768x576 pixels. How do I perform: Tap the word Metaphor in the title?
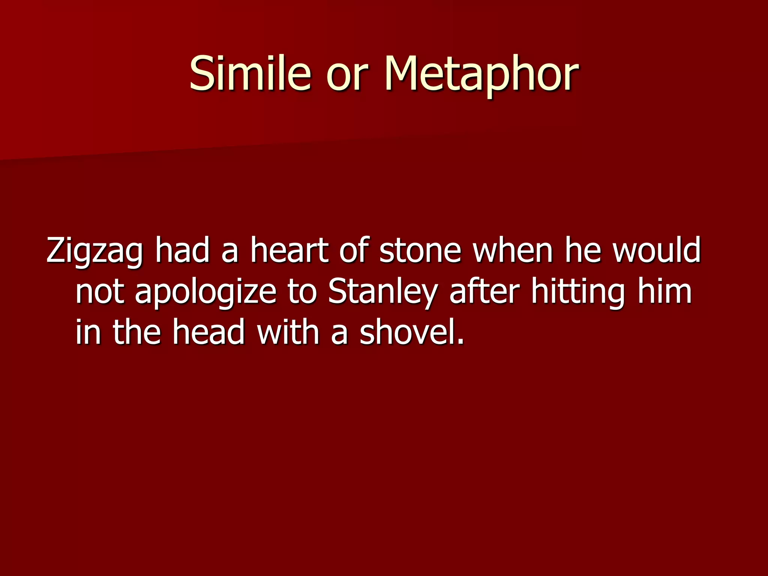tap(481, 74)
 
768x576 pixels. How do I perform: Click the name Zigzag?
tap(94, 251)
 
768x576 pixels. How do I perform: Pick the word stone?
tap(420, 250)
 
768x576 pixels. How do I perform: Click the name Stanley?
tap(382, 292)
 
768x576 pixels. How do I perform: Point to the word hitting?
tap(578, 292)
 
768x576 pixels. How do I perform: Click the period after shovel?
tap(461, 341)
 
